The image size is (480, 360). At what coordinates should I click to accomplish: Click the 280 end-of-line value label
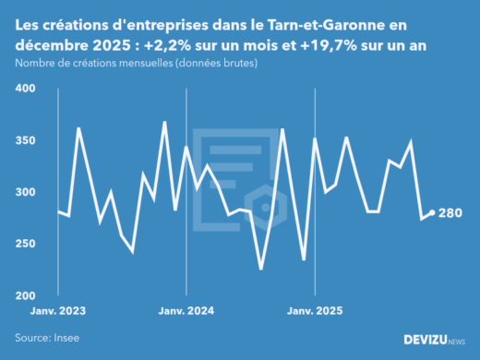452,213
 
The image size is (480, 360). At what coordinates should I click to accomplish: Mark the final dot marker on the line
432,213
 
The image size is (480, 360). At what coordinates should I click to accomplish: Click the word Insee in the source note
67,339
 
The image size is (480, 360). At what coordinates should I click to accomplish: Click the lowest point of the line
260,269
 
